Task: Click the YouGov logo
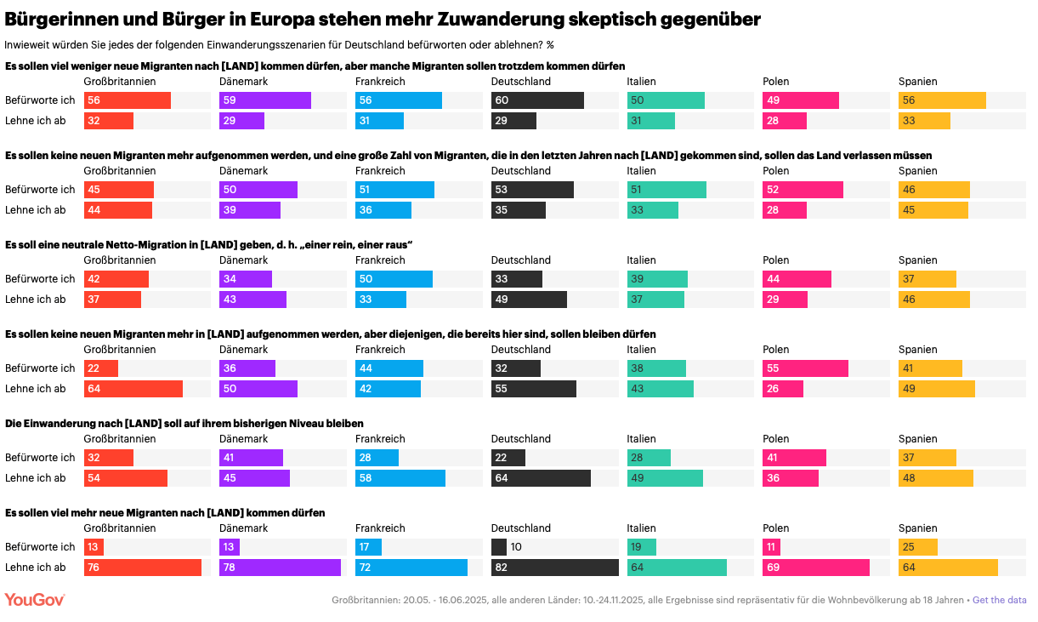pyautogui.click(x=35, y=600)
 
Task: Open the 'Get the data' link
pyautogui.click(x=999, y=600)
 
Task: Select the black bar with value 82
pyautogui.click(x=554, y=568)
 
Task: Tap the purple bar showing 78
pyautogui.click(x=280, y=568)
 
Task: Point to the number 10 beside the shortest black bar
pyautogui.click(x=516, y=547)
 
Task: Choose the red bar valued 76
pyautogui.click(x=142, y=568)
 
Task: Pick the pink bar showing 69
pyautogui.click(x=815, y=568)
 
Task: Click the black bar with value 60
pyautogui.click(x=537, y=100)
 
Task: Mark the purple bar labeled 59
pyautogui.click(x=264, y=100)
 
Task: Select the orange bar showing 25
pyautogui.click(x=917, y=547)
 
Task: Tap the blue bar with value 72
pyautogui.click(x=411, y=568)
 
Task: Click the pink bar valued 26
pyautogui.click(x=782, y=389)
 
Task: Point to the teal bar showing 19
pyautogui.click(x=641, y=547)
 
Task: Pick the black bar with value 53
pyautogui.click(x=532, y=190)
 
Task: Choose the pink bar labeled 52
pyautogui.click(x=803, y=190)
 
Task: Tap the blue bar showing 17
pyautogui.click(x=368, y=547)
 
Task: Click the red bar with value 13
pyautogui.click(x=94, y=547)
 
